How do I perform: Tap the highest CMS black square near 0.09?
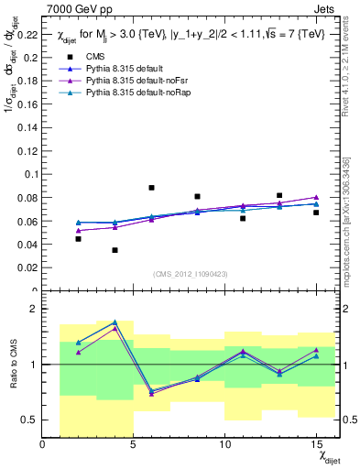tap(151, 188)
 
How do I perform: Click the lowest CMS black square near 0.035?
tap(115, 250)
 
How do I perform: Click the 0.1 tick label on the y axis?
tap(31, 175)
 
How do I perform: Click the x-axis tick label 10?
tap(224, 444)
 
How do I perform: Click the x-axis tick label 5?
tap(134, 444)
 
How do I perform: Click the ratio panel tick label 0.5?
tap(29, 420)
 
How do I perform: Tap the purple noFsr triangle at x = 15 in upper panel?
tap(316, 197)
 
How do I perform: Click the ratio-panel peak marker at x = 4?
tap(115, 322)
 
